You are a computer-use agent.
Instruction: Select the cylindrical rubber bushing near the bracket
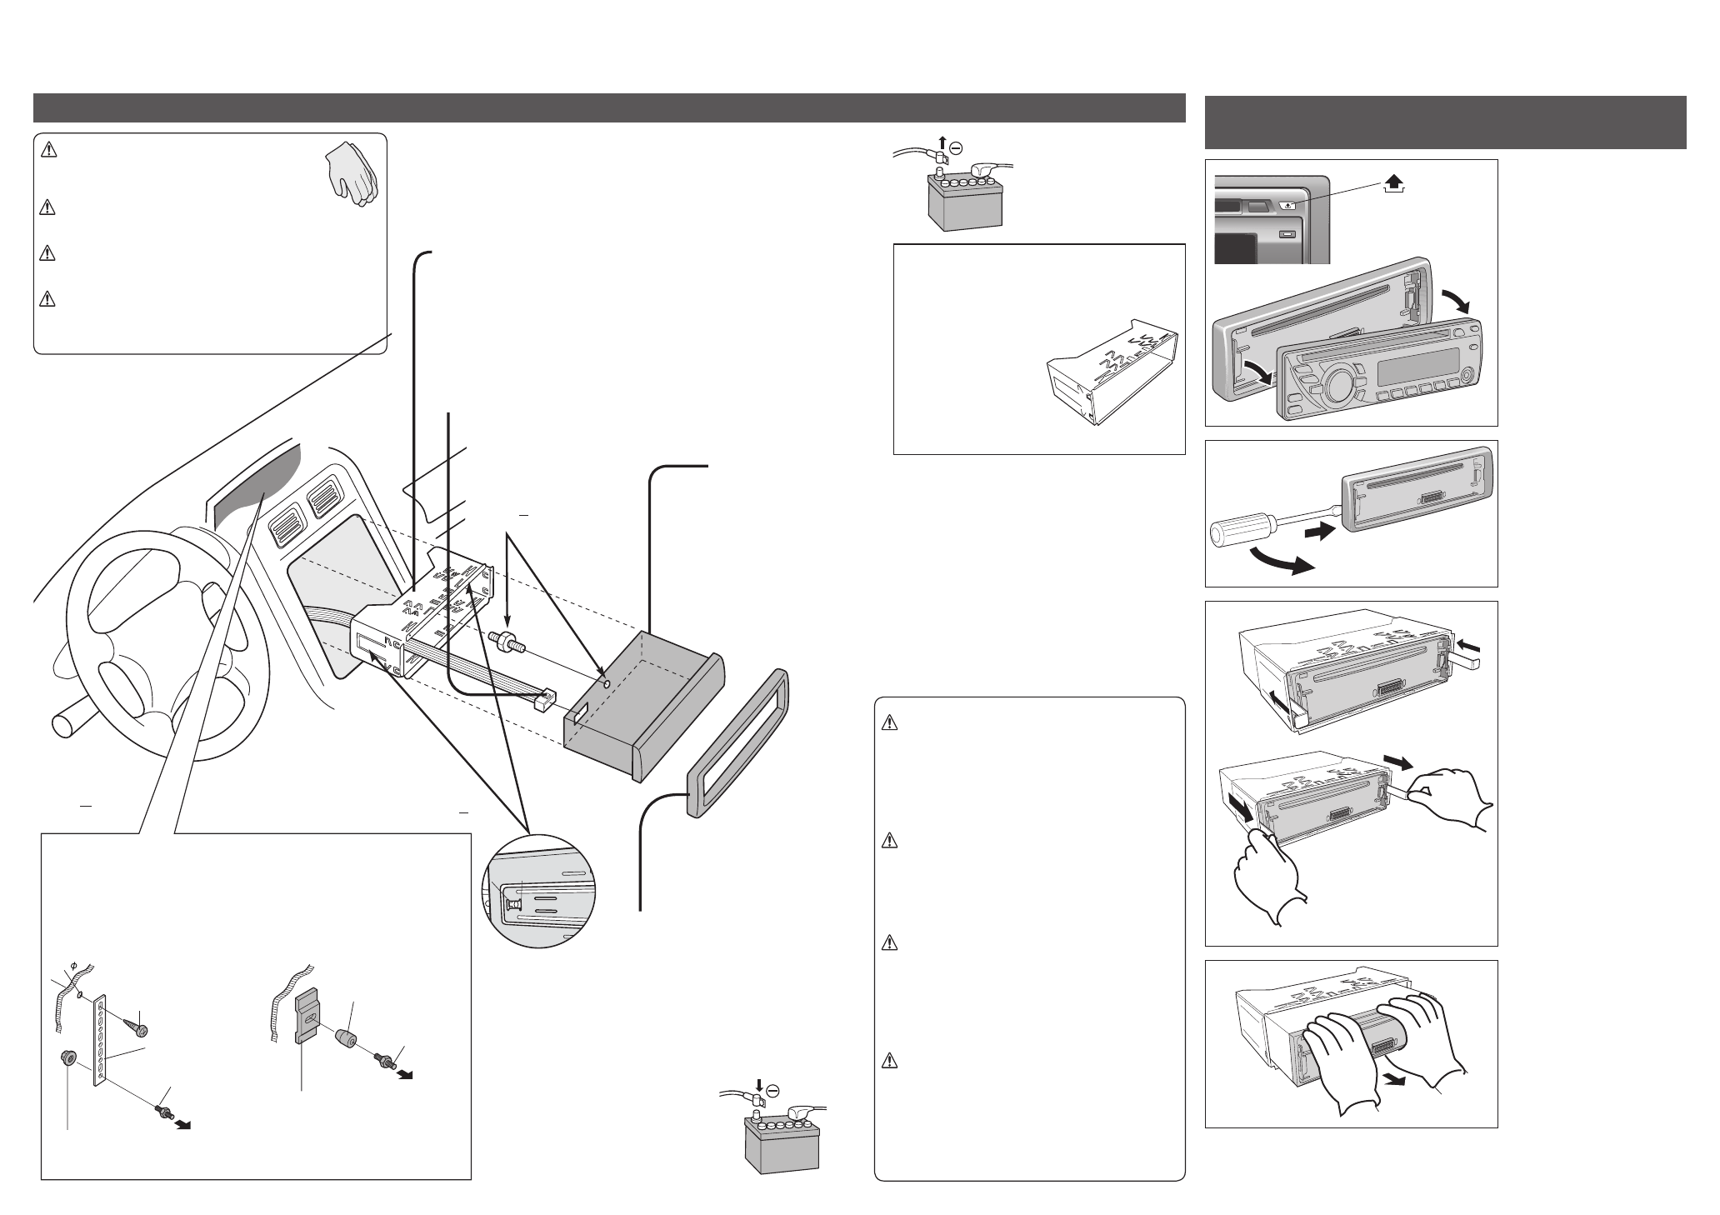(x=345, y=1041)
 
